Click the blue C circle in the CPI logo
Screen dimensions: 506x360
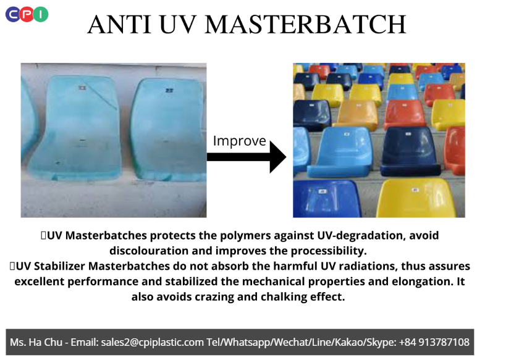(13, 15)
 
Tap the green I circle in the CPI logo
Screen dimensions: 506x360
(41, 15)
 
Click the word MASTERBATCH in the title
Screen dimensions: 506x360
(305, 24)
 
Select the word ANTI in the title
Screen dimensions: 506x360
(119, 24)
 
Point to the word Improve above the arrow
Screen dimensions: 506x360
(240, 141)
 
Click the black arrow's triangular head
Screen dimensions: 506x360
(277, 157)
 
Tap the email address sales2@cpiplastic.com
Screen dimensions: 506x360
(153, 342)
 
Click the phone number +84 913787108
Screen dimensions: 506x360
(434, 342)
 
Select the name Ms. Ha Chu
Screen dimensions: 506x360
(36, 342)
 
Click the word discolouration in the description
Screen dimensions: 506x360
(149, 251)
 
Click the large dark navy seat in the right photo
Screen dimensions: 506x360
(410, 151)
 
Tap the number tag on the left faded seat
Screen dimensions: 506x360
(82, 88)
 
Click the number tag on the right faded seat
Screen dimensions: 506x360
(169, 90)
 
